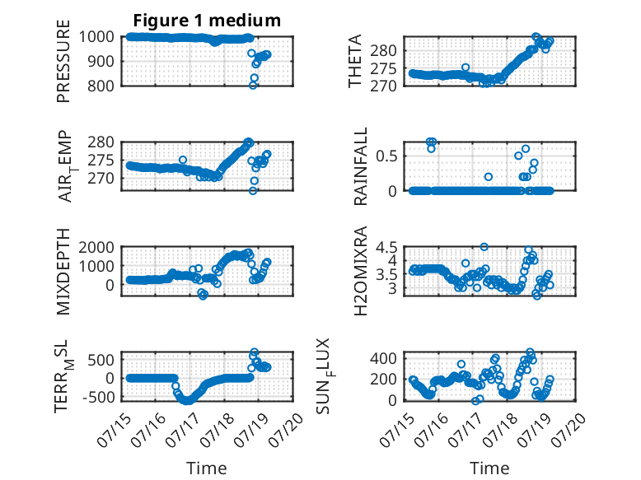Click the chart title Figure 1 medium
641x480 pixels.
click(x=207, y=21)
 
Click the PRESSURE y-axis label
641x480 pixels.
click(x=63, y=61)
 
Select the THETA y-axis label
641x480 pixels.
click(x=355, y=61)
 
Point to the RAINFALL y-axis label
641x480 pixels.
click(x=361, y=166)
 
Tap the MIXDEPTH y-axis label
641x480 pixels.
click(x=63, y=271)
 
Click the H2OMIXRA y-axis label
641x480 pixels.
click(x=361, y=271)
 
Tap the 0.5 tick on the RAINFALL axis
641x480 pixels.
click(x=386, y=156)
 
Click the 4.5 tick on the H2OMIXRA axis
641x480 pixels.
click(x=386, y=247)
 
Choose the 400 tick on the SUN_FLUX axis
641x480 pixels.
click(x=383, y=359)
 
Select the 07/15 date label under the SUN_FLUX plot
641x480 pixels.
click(x=398, y=429)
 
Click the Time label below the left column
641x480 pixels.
click(x=207, y=468)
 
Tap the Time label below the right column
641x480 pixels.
click(x=489, y=468)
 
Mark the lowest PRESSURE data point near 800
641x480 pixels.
click(x=253, y=86)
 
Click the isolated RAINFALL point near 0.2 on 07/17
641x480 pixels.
click(x=488, y=177)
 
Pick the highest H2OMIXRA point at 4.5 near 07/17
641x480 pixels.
click(x=484, y=247)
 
